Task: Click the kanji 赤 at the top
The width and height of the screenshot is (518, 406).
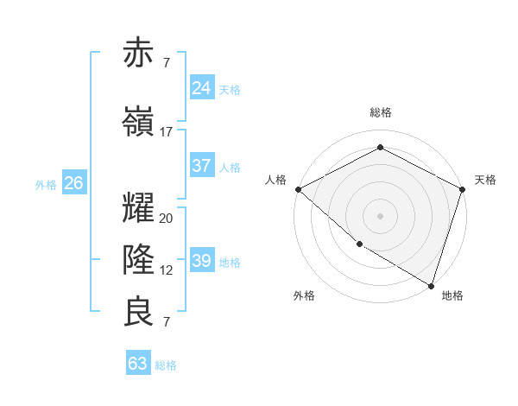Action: coord(139,54)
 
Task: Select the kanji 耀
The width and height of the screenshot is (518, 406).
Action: coord(139,208)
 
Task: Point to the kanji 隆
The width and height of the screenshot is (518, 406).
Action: coord(139,259)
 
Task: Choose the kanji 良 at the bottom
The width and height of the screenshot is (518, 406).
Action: coord(139,312)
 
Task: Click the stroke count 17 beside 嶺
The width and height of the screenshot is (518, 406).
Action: coord(167,132)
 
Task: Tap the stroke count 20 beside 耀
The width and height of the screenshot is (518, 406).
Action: coord(167,219)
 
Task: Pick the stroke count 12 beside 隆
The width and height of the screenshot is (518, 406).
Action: coord(167,270)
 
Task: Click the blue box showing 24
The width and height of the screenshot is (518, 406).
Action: coord(202,87)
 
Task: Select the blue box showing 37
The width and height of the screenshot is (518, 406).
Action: coord(202,166)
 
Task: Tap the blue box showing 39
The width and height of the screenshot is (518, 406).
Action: coord(202,261)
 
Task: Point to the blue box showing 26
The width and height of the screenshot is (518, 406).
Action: coord(73,183)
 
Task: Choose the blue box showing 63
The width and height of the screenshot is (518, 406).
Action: coord(138,364)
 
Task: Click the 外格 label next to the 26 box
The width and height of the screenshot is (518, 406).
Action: coord(46,184)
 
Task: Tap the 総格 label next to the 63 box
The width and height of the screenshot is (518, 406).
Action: coord(166,365)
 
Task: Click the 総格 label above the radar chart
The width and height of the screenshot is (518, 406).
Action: coord(381,112)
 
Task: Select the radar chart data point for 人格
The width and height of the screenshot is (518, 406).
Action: coord(298,189)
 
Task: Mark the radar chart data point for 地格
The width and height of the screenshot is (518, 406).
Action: coord(431,284)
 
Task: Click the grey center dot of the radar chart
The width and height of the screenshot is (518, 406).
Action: coord(380,215)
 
